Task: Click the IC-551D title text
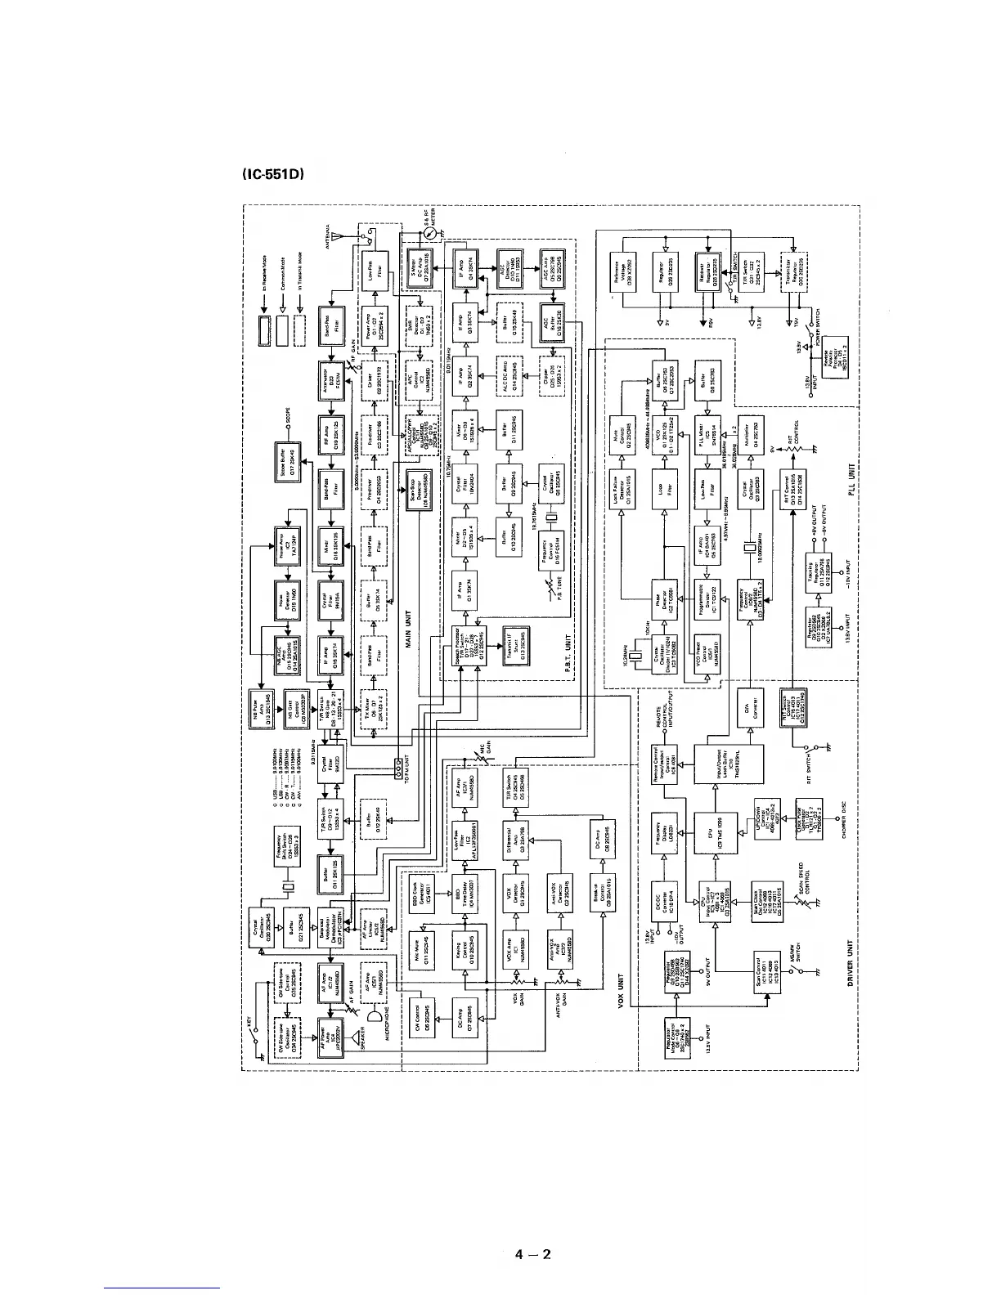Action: [272, 175]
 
